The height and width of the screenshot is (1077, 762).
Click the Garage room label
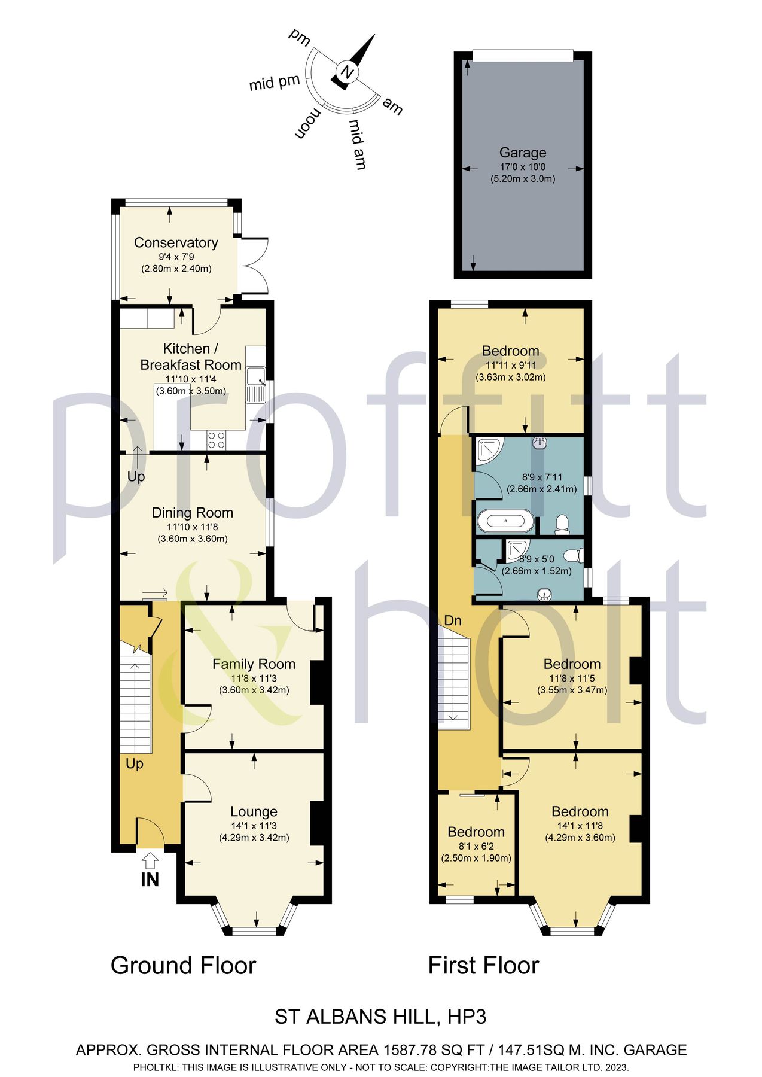[523, 153]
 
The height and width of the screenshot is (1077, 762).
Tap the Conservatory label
[176, 242]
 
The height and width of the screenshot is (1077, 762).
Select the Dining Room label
[192, 513]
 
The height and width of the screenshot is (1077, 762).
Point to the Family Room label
[254, 664]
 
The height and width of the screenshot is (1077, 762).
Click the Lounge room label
[254, 811]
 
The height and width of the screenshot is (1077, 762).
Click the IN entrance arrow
[150, 862]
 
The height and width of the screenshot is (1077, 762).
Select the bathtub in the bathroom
[506, 521]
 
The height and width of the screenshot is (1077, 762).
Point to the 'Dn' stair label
[453, 620]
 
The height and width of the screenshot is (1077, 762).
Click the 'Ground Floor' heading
[183, 965]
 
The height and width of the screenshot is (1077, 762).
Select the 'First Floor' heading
[483, 965]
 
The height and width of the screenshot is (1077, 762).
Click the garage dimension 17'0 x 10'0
[523, 168]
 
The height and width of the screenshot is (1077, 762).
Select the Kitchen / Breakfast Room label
[190, 357]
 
